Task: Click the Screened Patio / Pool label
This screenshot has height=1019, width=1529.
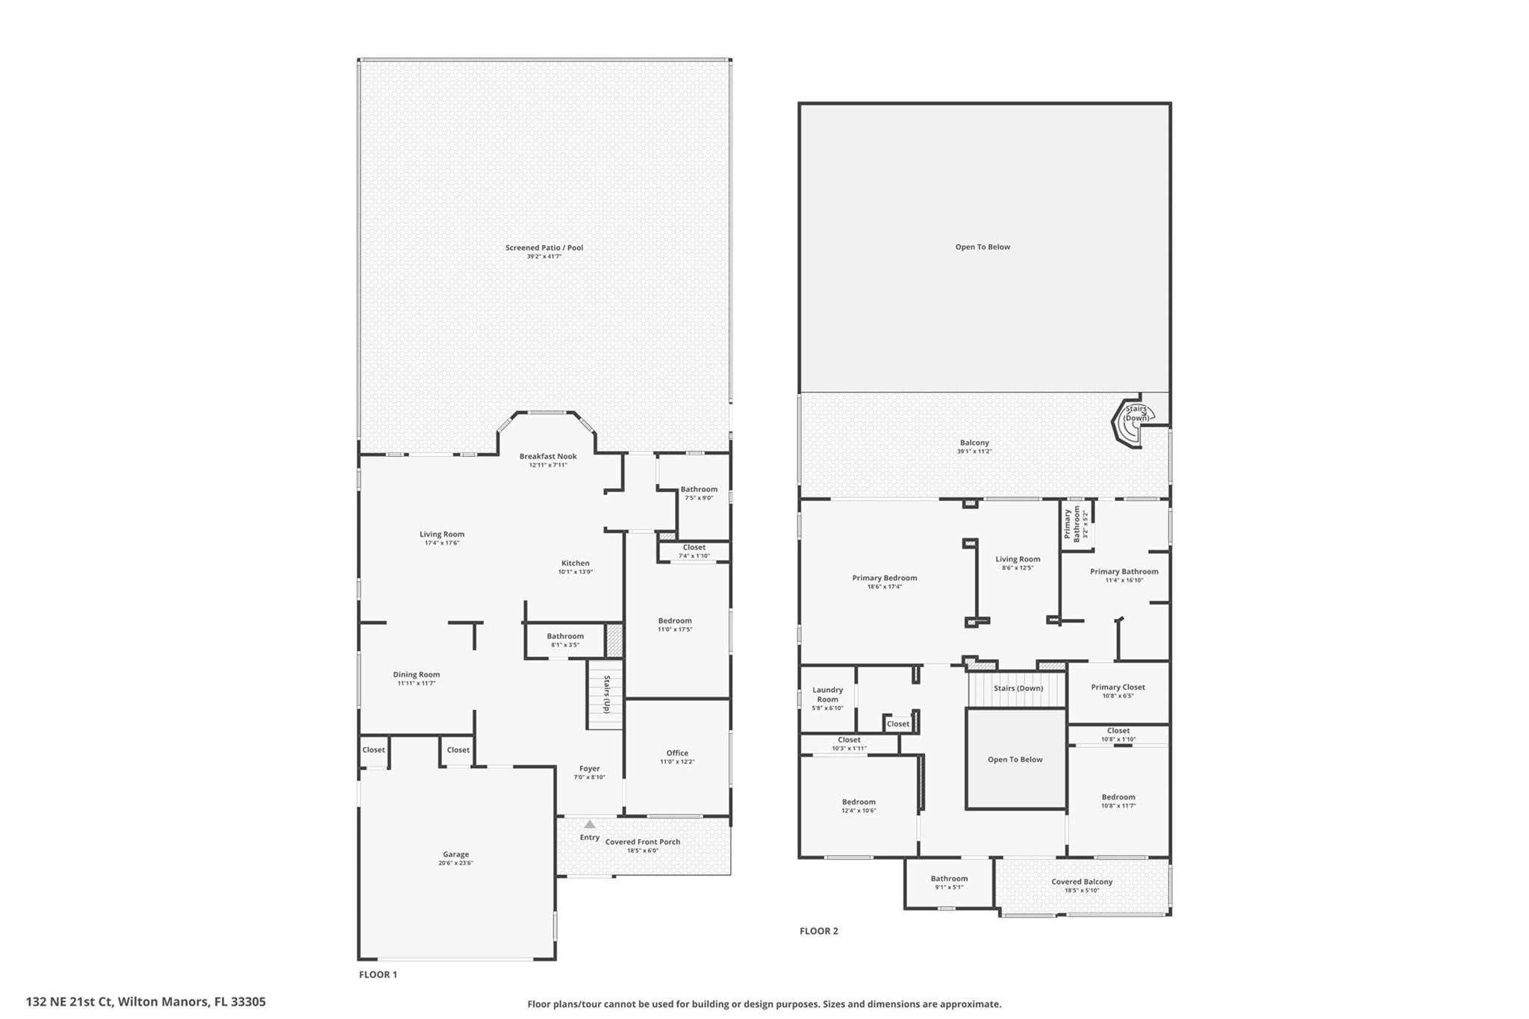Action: (x=544, y=248)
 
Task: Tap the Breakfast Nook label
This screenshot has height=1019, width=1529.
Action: (x=548, y=456)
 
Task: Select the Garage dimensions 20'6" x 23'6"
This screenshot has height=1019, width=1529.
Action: (x=455, y=863)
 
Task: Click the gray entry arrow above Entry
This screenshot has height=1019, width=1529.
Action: (x=590, y=824)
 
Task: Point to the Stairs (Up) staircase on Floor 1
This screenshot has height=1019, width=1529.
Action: (x=605, y=694)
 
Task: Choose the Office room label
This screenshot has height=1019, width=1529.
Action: (x=677, y=752)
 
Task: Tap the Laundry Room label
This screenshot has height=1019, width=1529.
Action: (x=827, y=694)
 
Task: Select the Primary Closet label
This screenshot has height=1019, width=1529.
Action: (x=1118, y=687)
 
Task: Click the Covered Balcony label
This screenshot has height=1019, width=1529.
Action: (x=1082, y=882)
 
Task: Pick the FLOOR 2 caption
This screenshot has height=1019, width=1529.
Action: (x=818, y=931)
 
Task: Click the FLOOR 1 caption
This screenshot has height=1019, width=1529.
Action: (x=378, y=974)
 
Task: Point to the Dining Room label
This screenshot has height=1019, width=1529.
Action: (x=417, y=674)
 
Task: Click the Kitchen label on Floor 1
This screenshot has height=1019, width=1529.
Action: (x=575, y=563)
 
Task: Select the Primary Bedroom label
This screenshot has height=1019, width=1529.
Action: (x=884, y=578)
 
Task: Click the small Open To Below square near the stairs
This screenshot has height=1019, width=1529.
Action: (x=1015, y=759)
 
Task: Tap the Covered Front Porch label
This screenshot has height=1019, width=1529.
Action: (x=642, y=841)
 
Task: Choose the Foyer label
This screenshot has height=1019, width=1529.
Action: (x=589, y=768)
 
